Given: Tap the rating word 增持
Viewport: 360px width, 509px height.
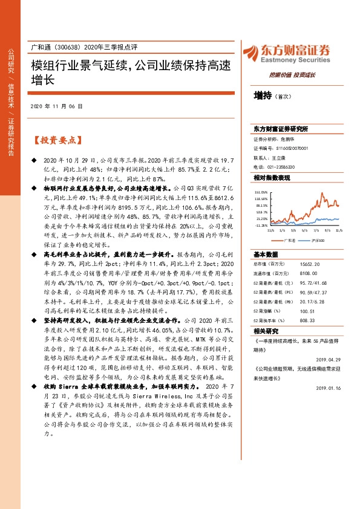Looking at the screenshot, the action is click(x=263, y=95).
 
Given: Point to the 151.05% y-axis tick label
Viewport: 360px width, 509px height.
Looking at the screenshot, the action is click(x=261, y=190).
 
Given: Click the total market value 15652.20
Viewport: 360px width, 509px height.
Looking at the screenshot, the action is click(x=307, y=264).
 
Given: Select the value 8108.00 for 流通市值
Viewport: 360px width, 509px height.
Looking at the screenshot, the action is click(x=306, y=273).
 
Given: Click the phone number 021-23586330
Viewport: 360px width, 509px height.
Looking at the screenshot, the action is click(x=281, y=166).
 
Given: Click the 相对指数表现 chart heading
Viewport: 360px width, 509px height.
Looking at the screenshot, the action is click(x=271, y=178).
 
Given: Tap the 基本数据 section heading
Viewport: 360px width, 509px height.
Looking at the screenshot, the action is click(x=266, y=254).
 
